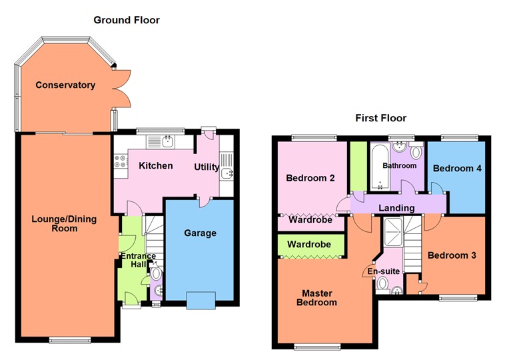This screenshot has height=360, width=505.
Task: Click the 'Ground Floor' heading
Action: (127, 20)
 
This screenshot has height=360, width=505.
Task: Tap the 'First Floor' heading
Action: (380, 118)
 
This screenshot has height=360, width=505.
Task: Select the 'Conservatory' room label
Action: (65, 85)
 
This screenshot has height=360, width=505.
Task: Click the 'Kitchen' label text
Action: (156, 165)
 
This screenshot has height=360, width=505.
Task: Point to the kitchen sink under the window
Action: (167, 141)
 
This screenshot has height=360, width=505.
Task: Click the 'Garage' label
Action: (201, 233)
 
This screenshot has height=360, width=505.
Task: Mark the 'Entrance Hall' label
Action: (137, 261)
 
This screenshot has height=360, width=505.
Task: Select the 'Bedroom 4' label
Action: (457, 169)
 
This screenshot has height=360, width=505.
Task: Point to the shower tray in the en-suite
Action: (394, 230)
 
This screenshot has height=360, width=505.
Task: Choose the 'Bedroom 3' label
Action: (451, 255)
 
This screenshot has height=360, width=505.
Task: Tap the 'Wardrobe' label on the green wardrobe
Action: (309, 245)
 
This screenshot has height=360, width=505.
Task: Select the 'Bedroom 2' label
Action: (310, 178)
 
